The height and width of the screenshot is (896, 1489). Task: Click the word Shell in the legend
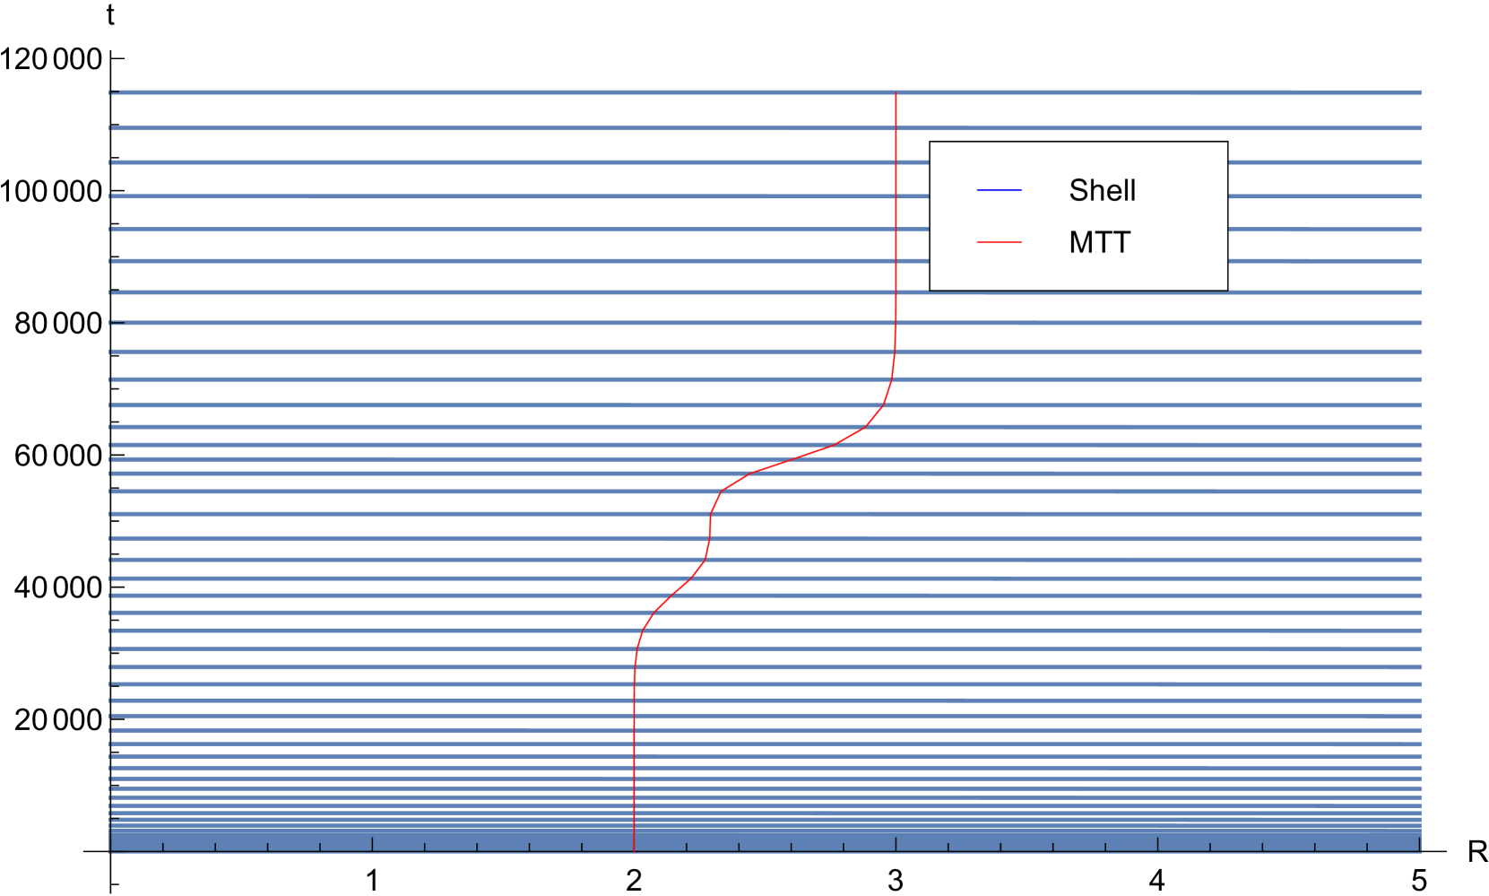tap(1102, 190)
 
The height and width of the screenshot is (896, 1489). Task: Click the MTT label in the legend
tap(1100, 242)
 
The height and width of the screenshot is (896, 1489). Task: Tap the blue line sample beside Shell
tap(999, 190)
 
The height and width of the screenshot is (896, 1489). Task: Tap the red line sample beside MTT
tap(999, 242)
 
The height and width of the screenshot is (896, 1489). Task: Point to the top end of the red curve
tap(896, 93)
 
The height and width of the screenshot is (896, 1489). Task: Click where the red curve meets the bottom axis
tap(635, 849)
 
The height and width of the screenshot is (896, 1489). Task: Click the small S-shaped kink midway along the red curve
tap(710, 529)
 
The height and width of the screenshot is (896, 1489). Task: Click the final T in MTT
tap(1121, 242)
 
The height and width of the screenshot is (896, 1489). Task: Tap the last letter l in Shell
tap(1133, 190)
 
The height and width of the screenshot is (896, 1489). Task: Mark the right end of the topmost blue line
tap(1421, 91)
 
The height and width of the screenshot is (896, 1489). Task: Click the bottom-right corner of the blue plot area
tap(1421, 851)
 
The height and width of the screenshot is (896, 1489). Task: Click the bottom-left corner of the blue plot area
tap(110, 851)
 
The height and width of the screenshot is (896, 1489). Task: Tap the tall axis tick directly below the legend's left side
tap(896, 843)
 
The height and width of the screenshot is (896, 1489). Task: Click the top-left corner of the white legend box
tap(931, 143)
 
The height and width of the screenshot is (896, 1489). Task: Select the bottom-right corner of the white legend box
tap(1226, 290)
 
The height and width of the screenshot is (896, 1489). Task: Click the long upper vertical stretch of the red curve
tap(896, 224)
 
